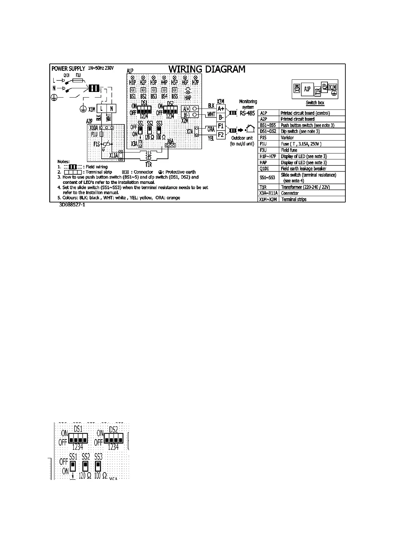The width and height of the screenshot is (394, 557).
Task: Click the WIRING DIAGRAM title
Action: coord(207,69)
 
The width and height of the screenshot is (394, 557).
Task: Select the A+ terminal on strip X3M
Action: coord(221,108)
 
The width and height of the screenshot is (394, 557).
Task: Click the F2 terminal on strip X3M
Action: coord(221,135)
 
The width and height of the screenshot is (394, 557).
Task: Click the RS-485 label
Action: coord(247,113)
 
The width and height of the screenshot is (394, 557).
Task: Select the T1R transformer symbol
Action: coord(149,155)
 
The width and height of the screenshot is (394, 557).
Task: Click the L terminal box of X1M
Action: coord(102,108)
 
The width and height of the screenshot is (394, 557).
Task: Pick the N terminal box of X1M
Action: coord(111,108)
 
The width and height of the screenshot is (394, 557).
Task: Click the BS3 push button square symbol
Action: coord(153,90)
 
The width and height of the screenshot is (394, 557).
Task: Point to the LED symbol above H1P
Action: coord(132,77)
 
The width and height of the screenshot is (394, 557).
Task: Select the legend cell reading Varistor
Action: coord(287,138)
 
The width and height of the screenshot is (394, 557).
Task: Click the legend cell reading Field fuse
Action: coord(289,150)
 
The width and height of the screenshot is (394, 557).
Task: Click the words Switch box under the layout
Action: coord(315,103)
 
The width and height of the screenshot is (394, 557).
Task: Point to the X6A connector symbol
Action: coord(170,145)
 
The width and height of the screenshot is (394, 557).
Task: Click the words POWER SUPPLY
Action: coord(68,69)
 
